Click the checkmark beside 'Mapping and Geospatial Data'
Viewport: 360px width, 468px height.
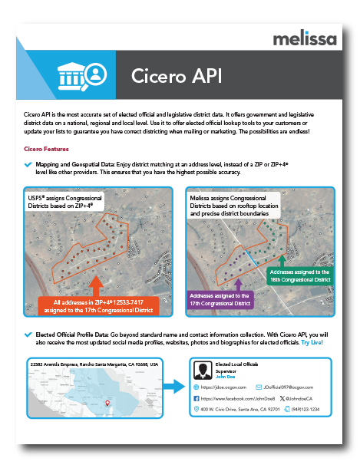[28, 164]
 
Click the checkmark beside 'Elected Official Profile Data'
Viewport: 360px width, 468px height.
[28, 335]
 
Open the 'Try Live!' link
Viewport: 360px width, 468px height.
[312, 342]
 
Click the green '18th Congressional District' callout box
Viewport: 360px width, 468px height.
[299, 275]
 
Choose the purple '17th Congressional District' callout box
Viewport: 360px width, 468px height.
[219, 299]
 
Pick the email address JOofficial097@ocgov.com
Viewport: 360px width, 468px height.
[292, 388]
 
